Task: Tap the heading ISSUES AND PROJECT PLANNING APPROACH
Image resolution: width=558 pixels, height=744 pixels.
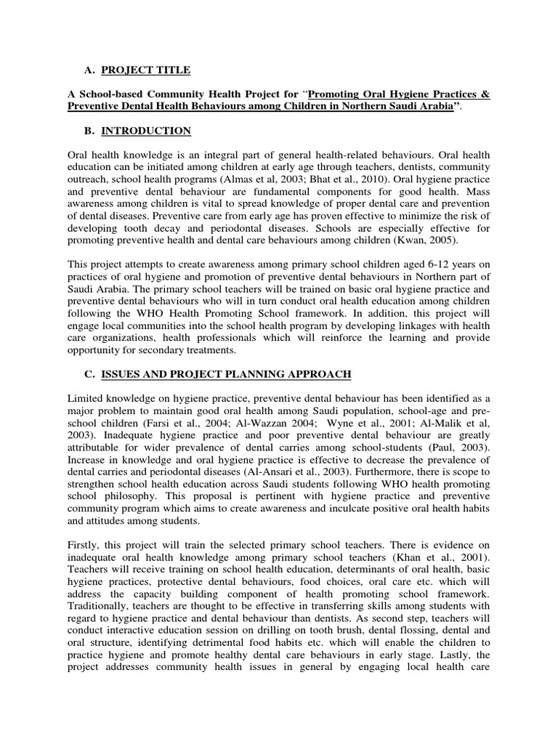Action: (226, 373)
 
